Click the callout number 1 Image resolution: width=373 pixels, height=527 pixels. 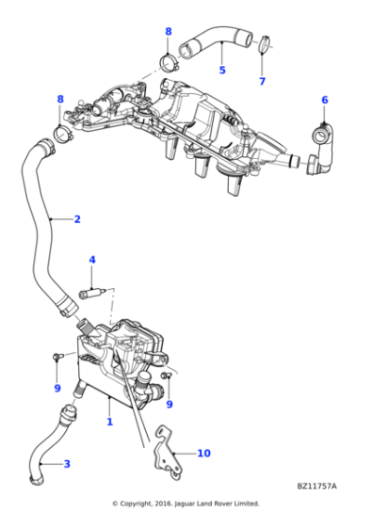click(109, 423)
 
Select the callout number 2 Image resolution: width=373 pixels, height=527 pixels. click(77, 219)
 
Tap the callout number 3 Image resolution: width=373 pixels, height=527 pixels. click(66, 463)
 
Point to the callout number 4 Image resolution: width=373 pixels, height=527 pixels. click(92, 260)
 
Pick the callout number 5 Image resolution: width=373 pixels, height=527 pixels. click(222, 70)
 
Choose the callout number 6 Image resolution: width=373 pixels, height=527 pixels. click(324, 100)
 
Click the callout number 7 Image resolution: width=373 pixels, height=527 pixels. click(262, 81)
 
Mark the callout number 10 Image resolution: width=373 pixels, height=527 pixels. click(203, 453)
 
